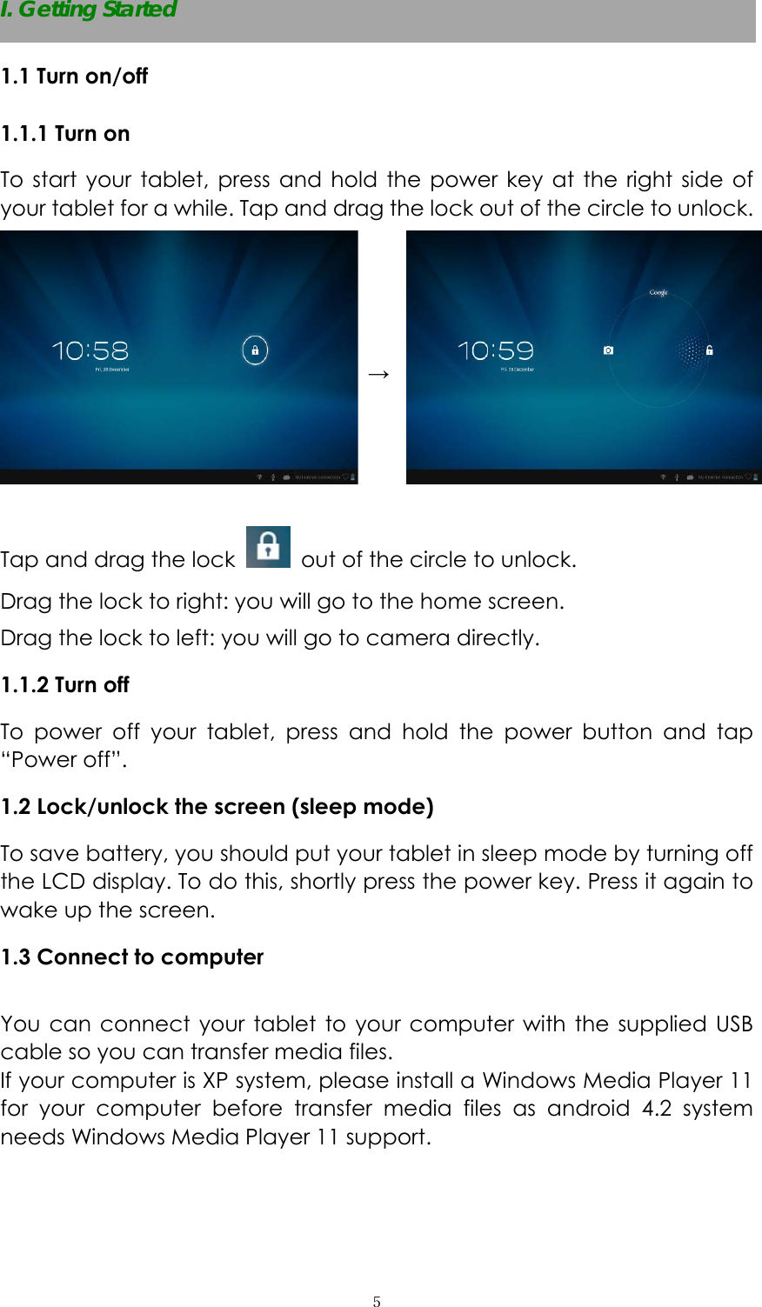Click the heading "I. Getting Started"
[89, 10]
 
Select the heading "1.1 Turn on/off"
[75, 77]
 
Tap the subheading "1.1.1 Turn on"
[65, 134]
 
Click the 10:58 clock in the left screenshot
[90, 350]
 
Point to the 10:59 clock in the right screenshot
[496, 350]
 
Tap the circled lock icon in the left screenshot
[255, 350]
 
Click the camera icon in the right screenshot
[608, 350]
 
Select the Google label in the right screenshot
[658, 293]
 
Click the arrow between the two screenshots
[378, 374]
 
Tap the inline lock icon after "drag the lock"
[268, 547]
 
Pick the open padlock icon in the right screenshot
[710, 350]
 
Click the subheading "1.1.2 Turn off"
[65, 685]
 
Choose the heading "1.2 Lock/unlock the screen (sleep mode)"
[217, 807]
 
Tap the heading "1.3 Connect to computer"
[132, 957]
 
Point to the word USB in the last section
[734, 1024]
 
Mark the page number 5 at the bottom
[377, 1302]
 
